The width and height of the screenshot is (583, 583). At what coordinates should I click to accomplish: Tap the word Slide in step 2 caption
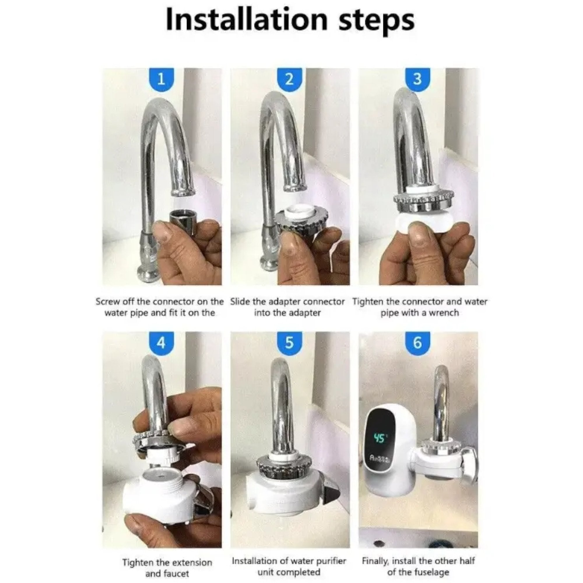(x=239, y=301)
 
